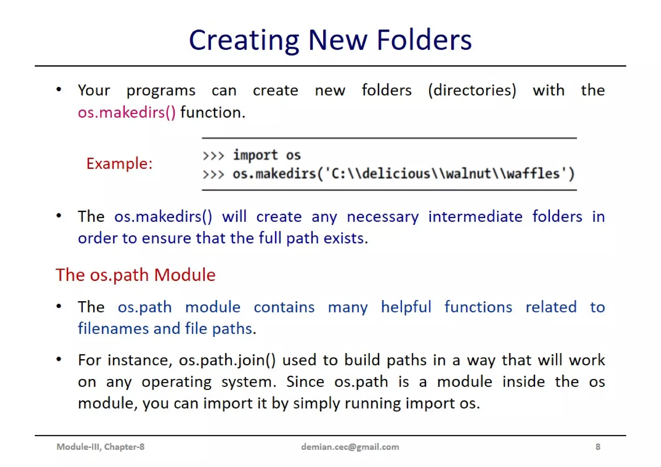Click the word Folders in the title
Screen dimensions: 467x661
[x=424, y=40]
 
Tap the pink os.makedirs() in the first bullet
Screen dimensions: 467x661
[x=127, y=113]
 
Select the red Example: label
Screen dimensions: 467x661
[x=119, y=163]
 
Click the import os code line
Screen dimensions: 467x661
[x=267, y=155]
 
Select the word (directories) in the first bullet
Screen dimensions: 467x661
[x=472, y=90]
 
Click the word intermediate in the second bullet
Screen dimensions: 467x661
[x=475, y=217]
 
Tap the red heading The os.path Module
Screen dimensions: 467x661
[x=136, y=275]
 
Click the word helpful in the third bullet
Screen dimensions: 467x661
[x=406, y=307]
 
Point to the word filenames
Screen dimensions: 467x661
[x=113, y=329]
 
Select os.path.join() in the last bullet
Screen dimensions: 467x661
[x=227, y=360]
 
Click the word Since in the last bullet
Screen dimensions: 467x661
[x=305, y=382]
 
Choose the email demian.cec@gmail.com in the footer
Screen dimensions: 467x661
[x=350, y=447]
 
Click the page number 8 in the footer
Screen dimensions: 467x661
[x=598, y=447]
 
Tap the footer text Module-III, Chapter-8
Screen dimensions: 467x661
[x=100, y=447]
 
